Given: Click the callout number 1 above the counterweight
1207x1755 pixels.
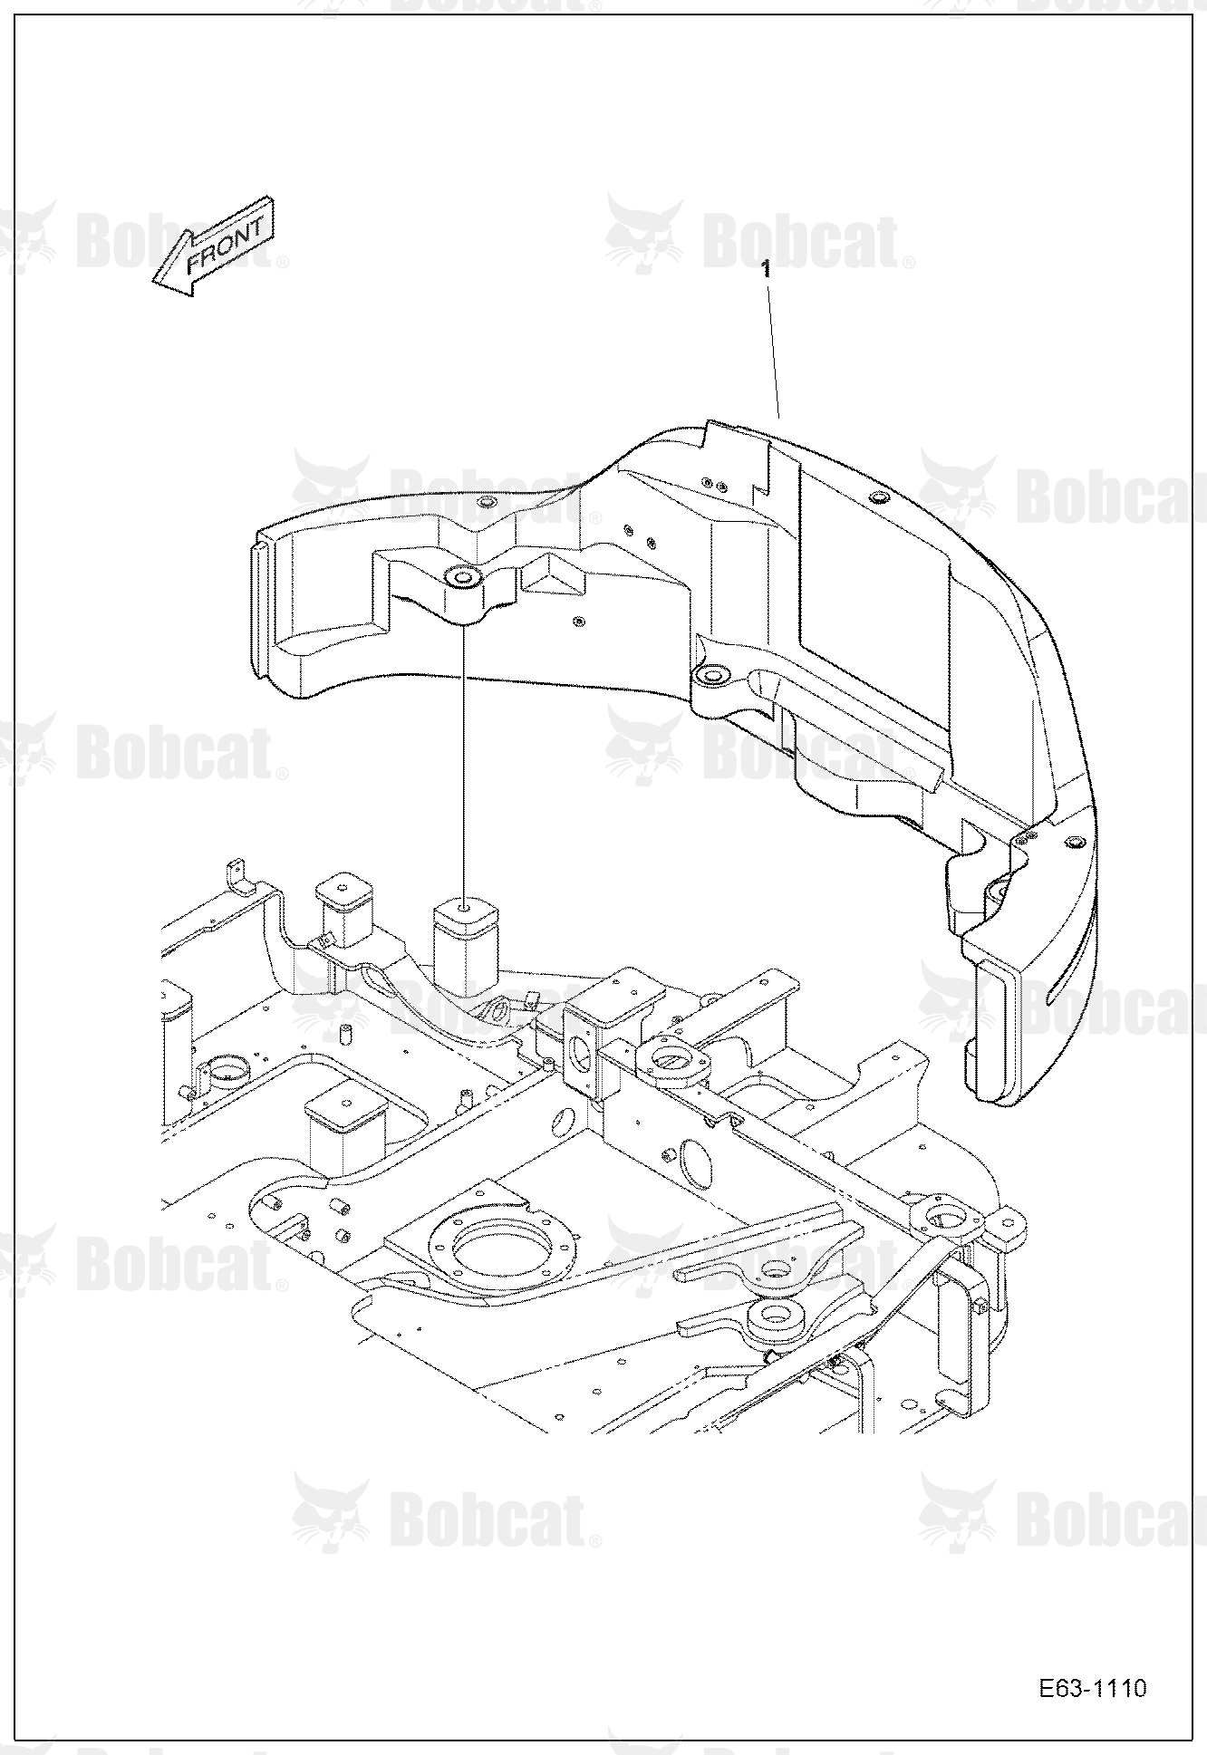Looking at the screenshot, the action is (767, 269).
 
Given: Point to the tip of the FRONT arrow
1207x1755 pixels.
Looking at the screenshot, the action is (153, 282).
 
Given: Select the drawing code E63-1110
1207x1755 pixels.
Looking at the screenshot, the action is (1093, 1688).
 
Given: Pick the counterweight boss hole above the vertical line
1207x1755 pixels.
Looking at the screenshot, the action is (464, 576).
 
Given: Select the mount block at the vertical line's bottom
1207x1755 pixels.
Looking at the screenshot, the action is (465, 942).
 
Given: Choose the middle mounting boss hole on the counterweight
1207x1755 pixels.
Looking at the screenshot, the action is (711, 674).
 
